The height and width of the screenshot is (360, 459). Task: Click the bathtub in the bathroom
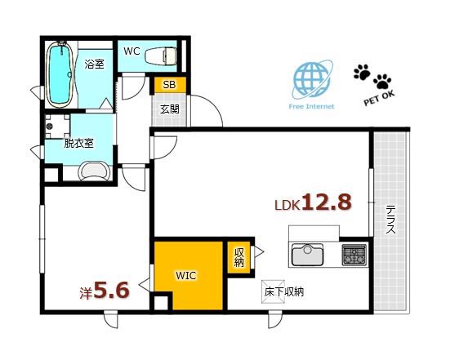pyautogui.click(x=60, y=74)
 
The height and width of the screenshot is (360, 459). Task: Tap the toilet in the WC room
pyautogui.click(x=161, y=56)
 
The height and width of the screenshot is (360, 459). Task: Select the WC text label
pyautogui.click(x=131, y=51)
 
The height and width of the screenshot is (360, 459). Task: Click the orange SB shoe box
pyautogui.click(x=170, y=85)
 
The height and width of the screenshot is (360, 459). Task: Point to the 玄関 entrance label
pyautogui.click(x=170, y=109)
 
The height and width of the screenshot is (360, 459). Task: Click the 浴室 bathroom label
pyautogui.click(x=95, y=64)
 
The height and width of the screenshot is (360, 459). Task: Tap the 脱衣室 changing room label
pyautogui.click(x=79, y=144)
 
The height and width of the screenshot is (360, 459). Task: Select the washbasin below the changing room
pyautogui.click(x=95, y=172)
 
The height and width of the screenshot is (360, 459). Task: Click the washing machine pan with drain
pyautogui.click(x=57, y=127)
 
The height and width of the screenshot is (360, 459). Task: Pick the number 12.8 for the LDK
pyautogui.click(x=327, y=202)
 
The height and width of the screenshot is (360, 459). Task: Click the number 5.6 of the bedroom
pyautogui.click(x=111, y=291)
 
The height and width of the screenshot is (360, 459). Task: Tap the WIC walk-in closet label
pyautogui.click(x=186, y=275)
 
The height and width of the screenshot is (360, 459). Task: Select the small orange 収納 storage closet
pyautogui.click(x=238, y=257)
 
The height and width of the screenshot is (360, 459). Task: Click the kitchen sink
pyautogui.click(x=307, y=255)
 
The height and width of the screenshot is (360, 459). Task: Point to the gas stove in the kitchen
pyautogui.click(x=354, y=255)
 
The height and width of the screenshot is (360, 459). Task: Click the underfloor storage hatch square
pyautogui.click(x=273, y=291)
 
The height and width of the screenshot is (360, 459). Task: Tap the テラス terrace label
pyautogui.click(x=390, y=220)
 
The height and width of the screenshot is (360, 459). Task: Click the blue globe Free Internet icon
pyautogui.click(x=312, y=80)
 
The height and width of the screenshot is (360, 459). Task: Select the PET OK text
pyautogui.click(x=379, y=98)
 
